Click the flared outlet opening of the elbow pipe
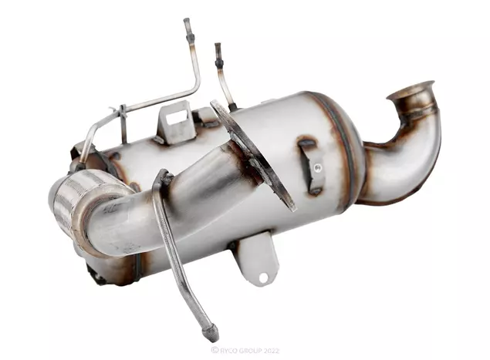point(411,89)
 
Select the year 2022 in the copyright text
point(270,351)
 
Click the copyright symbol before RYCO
point(215,350)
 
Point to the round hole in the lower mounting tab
point(263,278)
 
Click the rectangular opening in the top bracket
point(176,119)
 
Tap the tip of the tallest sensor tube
point(186,20)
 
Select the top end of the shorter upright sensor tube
point(218,45)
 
